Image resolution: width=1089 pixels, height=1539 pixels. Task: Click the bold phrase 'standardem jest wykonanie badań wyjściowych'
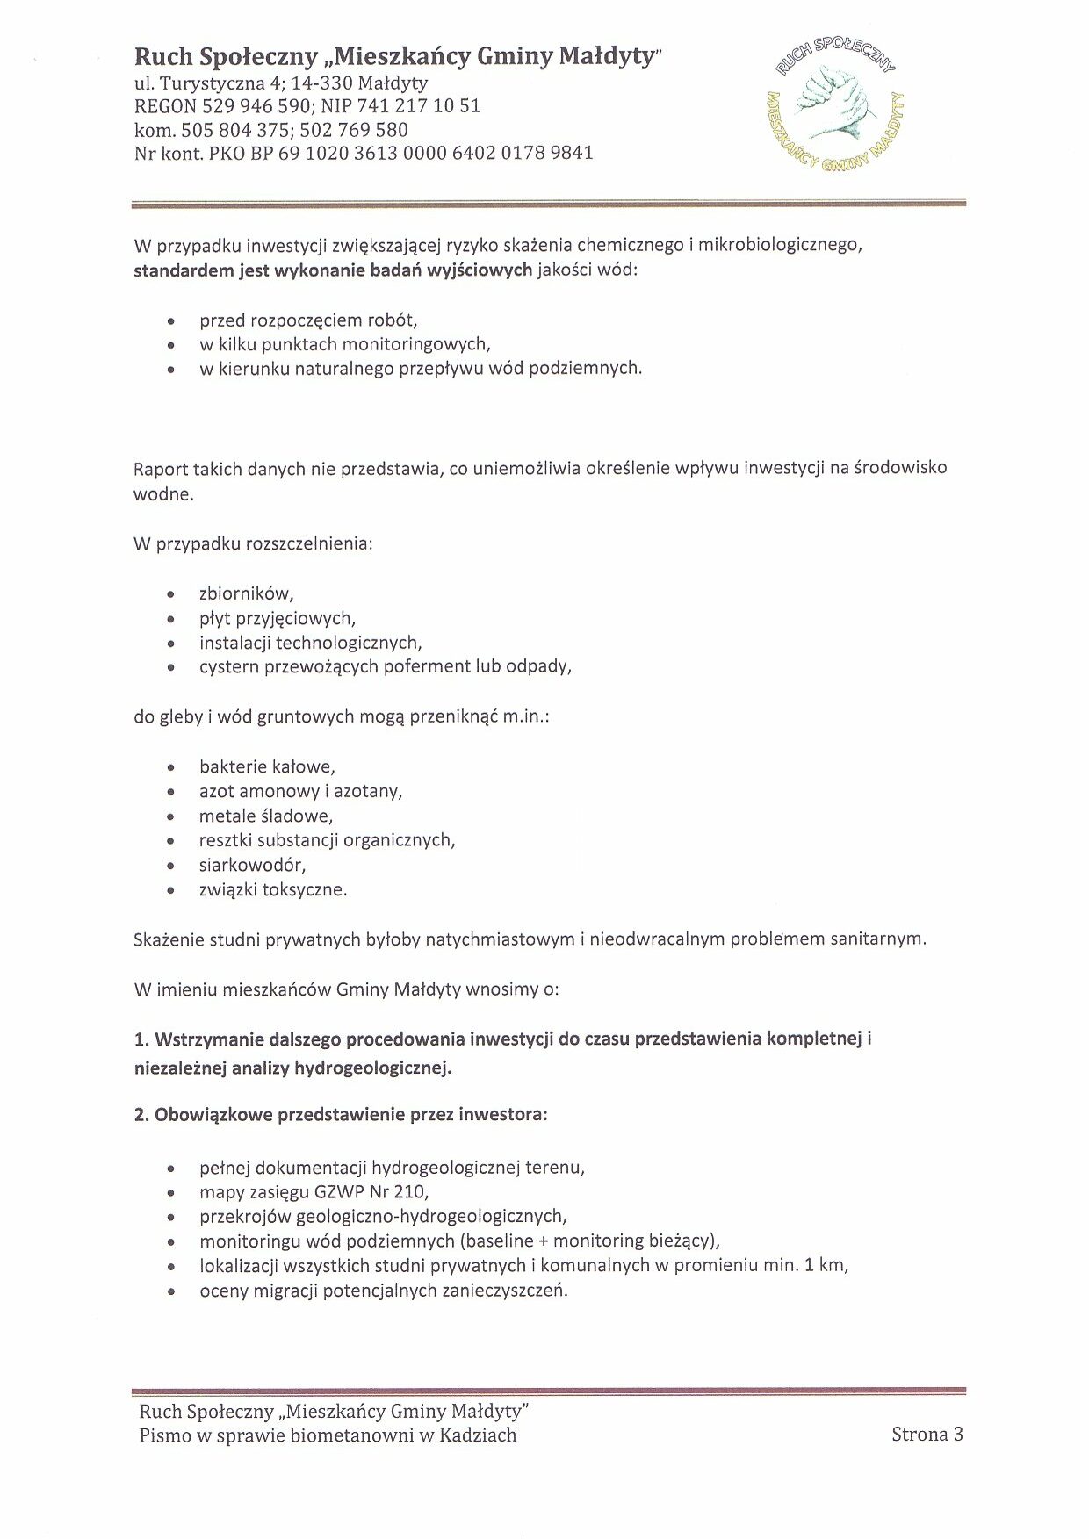[333, 270]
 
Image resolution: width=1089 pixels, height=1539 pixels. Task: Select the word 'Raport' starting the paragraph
[161, 469]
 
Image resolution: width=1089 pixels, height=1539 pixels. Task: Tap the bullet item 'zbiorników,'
[246, 593]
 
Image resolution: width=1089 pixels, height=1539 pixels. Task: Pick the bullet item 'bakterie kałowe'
[266, 766]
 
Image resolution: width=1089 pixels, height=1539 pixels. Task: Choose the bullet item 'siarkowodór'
[252, 865]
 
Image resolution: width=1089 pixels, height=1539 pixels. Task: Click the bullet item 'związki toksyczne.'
[272, 889]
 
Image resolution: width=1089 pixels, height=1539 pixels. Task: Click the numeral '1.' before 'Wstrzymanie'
[141, 1039]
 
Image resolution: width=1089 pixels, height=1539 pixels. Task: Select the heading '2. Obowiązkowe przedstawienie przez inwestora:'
[341, 1115]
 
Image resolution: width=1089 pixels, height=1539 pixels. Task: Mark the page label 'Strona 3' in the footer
[927, 1435]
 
